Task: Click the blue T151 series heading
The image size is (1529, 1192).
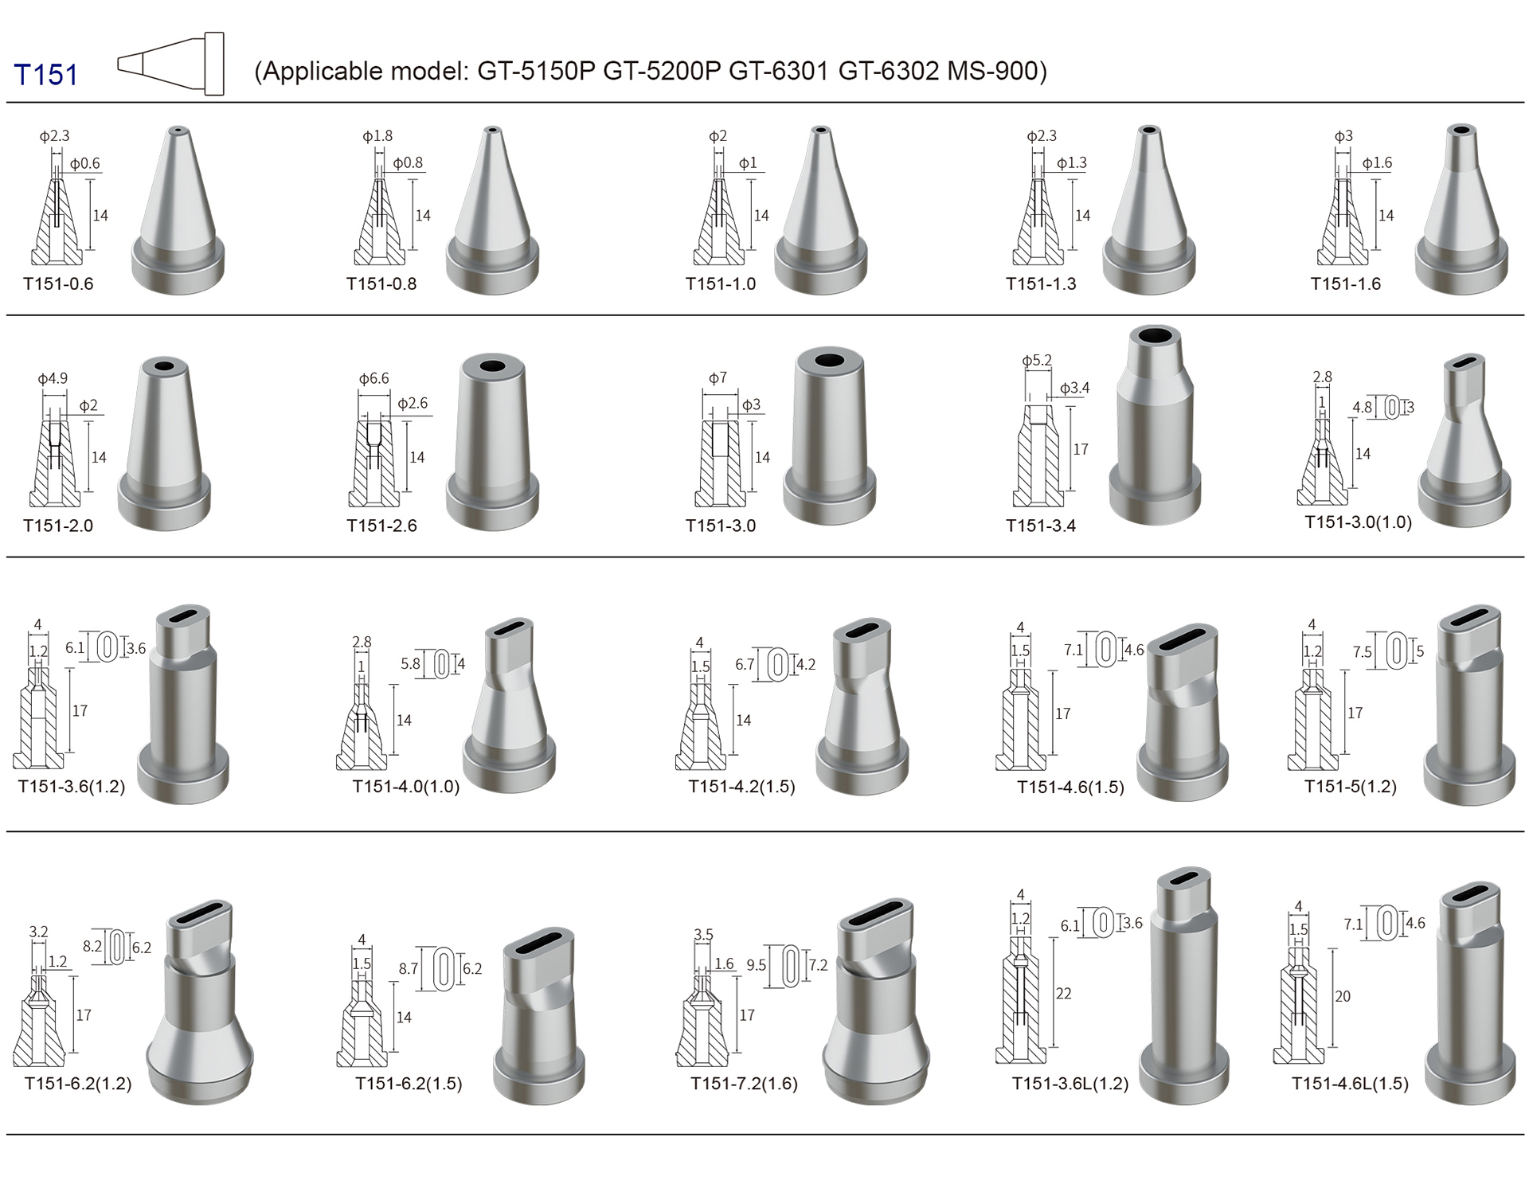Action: click(46, 75)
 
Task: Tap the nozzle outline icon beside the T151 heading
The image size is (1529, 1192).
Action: click(170, 64)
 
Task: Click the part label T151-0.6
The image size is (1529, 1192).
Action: click(58, 283)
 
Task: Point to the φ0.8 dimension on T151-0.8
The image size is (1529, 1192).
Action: click(408, 162)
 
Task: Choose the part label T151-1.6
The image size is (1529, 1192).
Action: click(1345, 283)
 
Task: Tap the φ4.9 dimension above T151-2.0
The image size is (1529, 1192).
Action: click(53, 378)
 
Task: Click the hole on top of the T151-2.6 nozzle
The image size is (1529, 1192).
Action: click(493, 367)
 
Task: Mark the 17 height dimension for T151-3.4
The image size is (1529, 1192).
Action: click(1080, 449)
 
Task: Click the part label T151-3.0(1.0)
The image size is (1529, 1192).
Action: click(1358, 522)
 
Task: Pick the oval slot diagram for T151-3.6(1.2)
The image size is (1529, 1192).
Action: click(107, 647)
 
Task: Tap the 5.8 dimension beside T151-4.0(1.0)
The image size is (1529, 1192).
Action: click(410, 663)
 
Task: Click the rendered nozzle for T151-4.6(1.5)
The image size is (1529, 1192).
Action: click(1183, 712)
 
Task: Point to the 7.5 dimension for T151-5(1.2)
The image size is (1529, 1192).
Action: click(1362, 652)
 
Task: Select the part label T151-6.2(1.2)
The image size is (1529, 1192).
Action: click(78, 1084)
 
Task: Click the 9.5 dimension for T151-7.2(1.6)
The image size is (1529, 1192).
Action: click(756, 965)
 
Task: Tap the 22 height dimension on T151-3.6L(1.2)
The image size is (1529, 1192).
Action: click(1063, 994)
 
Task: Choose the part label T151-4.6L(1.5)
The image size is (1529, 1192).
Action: click(1350, 1084)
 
